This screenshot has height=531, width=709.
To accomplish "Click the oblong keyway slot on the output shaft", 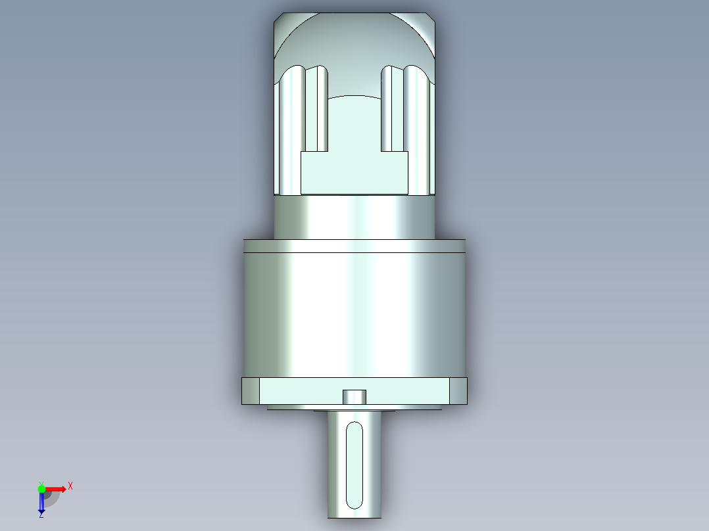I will point(354,465).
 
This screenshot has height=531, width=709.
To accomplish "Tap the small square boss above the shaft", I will point(354,396).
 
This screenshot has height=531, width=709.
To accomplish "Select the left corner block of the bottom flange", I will point(251,391).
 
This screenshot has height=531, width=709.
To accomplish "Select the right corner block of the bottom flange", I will point(458,391).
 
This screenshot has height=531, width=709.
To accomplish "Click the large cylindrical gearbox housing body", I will point(354,315).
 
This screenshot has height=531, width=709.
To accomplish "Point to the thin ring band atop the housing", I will point(354,246).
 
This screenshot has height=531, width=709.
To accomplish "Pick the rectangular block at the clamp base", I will point(354,173).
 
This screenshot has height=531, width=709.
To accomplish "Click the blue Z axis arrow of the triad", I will point(41,503).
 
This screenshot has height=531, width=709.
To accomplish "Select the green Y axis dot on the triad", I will point(41,488).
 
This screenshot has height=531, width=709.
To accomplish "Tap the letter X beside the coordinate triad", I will point(70,486).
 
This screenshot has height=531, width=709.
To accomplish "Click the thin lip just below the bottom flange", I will point(354,407).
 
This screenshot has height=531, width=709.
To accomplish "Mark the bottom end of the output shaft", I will point(354,514).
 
